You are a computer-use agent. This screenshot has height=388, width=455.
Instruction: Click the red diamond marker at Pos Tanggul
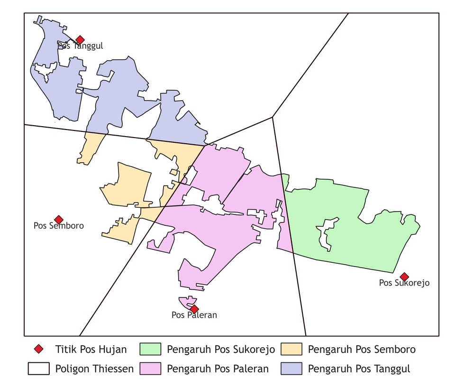(80, 39)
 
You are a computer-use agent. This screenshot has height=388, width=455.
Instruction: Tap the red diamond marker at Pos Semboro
(59, 220)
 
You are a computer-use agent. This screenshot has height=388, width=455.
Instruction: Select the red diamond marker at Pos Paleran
(194, 309)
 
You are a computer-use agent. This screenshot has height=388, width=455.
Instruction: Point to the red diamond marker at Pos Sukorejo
(404, 277)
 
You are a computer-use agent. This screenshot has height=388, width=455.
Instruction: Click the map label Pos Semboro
(59, 226)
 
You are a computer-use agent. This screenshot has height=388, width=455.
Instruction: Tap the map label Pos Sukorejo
(404, 283)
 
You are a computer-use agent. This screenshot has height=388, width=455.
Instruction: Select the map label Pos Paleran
(194, 315)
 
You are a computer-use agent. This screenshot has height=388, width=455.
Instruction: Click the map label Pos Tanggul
(81, 46)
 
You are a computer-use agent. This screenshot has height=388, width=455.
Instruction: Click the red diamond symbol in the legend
(38, 350)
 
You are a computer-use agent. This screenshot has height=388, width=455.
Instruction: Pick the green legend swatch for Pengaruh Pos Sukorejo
(151, 350)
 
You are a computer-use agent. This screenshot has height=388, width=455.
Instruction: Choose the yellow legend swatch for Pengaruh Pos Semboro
(291, 350)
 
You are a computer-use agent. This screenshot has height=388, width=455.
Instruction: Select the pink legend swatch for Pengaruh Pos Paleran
(151, 369)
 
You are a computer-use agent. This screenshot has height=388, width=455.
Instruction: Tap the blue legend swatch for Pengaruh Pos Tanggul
(291, 369)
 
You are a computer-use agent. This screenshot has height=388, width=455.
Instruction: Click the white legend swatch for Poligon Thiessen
(38, 369)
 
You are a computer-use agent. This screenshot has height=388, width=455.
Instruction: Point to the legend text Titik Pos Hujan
(91, 350)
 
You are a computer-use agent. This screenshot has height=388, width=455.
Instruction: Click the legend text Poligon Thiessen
(94, 369)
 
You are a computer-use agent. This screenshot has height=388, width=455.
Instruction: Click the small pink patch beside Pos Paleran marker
(186, 302)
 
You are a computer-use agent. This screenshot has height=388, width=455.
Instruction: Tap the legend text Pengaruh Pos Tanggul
(359, 369)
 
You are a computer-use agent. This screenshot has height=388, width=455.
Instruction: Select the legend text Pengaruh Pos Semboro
(362, 350)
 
